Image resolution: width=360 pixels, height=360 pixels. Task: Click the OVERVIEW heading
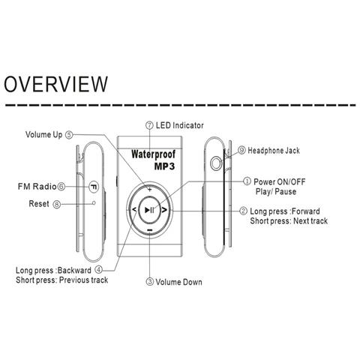click(x=55, y=84)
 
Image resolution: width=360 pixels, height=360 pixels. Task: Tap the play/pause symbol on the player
click(x=149, y=210)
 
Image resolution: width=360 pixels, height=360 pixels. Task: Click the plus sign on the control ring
click(x=149, y=190)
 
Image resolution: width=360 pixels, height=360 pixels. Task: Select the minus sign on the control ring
click(x=149, y=229)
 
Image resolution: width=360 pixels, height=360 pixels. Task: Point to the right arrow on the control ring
click(x=164, y=210)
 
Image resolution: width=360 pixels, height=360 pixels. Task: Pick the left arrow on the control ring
click(x=134, y=209)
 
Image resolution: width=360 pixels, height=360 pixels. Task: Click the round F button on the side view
click(x=94, y=187)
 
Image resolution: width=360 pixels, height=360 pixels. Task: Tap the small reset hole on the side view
click(x=94, y=202)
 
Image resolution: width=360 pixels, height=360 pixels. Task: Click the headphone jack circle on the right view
click(x=216, y=163)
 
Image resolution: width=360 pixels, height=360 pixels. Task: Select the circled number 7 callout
click(x=149, y=125)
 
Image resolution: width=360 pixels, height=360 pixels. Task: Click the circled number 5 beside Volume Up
click(x=69, y=135)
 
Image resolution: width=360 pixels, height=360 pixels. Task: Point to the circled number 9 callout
click(x=241, y=150)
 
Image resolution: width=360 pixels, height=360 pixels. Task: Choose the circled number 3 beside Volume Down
click(x=149, y=282)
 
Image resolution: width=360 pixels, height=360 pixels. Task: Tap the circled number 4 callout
click(x=99, y=270)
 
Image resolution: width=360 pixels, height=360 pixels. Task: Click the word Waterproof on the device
click(x=153, y=154)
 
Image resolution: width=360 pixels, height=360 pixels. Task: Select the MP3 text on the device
click(x=164, y=166)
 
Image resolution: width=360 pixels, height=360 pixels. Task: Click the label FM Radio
click(x=37, y=187)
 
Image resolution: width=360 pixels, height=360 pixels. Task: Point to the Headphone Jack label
click(x=274, y=151)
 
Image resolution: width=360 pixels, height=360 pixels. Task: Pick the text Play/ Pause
click(x=276, y=192)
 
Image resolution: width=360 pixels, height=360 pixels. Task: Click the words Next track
click(x=310, y=220)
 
